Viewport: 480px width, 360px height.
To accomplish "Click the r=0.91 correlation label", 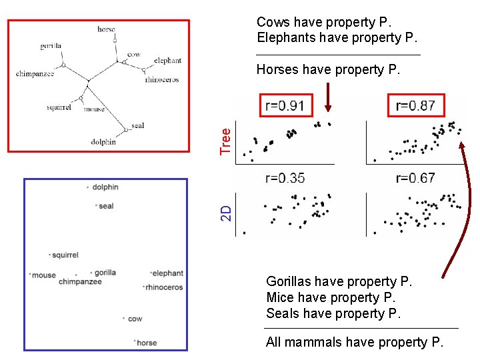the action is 285,105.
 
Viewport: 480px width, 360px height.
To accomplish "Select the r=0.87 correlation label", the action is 415,105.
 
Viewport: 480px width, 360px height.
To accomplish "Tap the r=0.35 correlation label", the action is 285,178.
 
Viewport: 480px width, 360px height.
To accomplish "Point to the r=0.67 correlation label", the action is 415,178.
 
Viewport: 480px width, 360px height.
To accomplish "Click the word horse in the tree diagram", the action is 106,29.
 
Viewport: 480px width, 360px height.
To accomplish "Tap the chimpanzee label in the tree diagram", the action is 35,74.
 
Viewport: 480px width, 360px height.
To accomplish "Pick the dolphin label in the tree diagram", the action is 103,142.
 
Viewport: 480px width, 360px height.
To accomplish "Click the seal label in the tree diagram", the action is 138,125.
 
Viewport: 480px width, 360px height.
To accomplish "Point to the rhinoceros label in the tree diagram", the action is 161,80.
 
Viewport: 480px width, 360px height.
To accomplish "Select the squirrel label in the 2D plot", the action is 65,255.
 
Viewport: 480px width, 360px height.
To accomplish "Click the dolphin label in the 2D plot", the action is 105,187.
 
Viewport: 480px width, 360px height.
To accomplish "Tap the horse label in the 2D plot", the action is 147,343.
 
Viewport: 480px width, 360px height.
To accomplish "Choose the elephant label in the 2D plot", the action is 168,273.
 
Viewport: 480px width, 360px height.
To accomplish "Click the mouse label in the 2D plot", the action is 44,275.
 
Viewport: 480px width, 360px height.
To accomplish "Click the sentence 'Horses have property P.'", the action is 328,70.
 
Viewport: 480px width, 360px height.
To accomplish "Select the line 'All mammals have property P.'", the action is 354,343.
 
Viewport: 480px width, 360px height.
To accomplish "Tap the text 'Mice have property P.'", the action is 331,297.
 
